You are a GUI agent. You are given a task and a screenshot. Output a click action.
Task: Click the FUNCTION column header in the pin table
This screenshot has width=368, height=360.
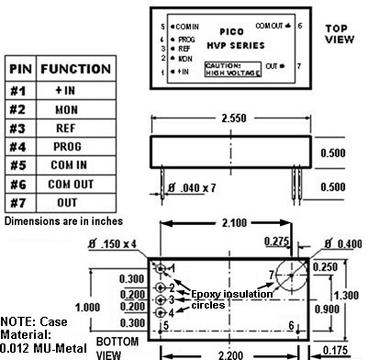pyautogui.click(x=76, y=69)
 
